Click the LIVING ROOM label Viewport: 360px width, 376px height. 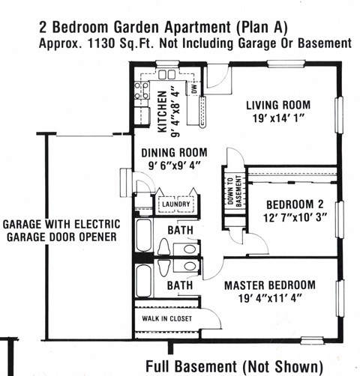[x=278, y=105]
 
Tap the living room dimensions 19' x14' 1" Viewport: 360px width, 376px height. [x=277, y=118]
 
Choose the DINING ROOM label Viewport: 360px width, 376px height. [x=174, y=153]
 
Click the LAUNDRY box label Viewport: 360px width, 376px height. [x=177, y=204]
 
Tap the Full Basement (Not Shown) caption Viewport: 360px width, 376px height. [x=234, y=367]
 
